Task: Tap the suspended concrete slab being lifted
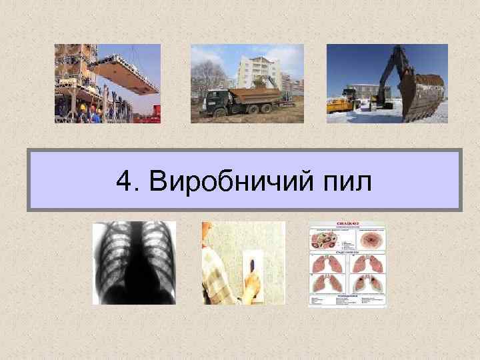point(129,74)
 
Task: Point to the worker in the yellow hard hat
point(83,111)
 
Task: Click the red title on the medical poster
point(347,225)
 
